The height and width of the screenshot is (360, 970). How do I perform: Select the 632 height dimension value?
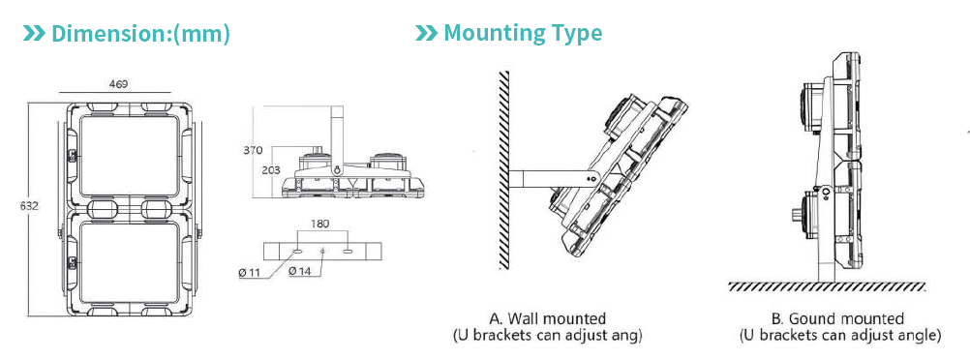point(28,205)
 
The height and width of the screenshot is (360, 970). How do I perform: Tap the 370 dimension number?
point(253,150)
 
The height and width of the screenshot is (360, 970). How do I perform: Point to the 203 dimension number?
point(270,170)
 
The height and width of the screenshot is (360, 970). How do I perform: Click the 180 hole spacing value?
point(320,224)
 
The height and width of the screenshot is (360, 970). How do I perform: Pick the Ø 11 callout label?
point(250,272)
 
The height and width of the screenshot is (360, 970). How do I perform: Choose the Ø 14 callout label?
point(301,270)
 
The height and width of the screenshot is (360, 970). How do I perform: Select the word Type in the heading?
point(572,34)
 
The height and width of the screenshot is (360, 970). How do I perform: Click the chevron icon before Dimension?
point(34,33)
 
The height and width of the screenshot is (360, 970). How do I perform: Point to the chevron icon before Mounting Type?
point(426,33)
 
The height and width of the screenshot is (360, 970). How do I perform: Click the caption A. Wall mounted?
point(548,319)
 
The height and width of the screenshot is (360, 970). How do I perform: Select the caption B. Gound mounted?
point(839,319)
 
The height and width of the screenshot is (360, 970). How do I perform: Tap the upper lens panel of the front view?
point(129,156)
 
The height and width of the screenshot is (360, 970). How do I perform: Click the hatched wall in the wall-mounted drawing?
point(503,169)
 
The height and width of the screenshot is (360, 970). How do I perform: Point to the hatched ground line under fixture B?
point(827,287)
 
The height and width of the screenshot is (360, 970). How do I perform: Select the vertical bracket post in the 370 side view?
point(339,138)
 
